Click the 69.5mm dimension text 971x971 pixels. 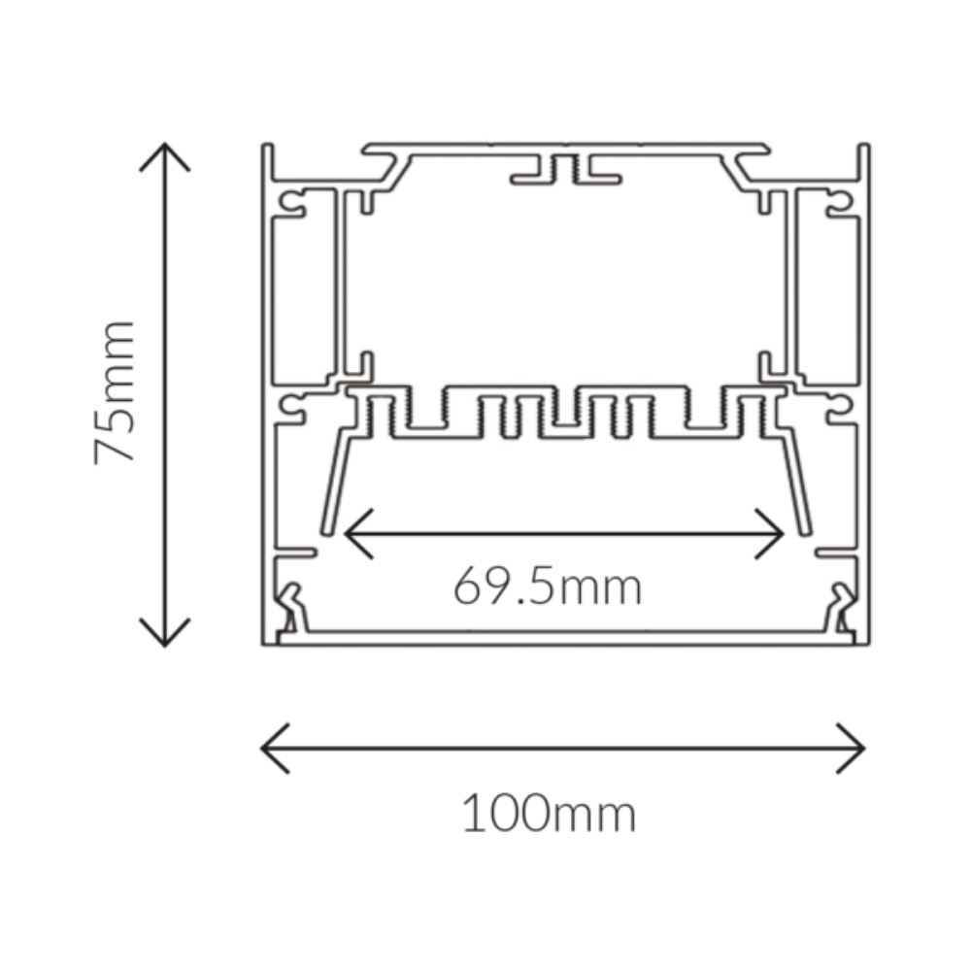point(548,586)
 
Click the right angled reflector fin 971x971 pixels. point(798,481)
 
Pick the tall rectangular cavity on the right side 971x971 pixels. point(827,299)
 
